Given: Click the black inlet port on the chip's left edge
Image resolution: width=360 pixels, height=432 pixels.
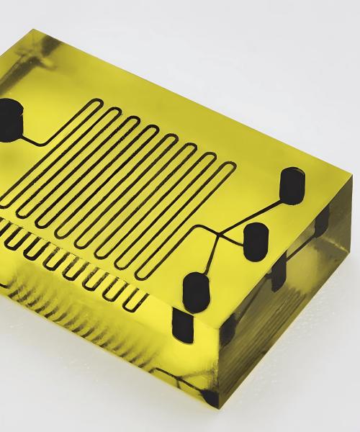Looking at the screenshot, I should point(10,114).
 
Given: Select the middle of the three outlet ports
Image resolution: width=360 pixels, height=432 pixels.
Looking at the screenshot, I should point(255,241).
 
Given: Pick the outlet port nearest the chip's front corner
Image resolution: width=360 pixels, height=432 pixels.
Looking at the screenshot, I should point(195,289).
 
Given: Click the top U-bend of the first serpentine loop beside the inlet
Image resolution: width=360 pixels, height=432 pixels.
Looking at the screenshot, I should point(94,105).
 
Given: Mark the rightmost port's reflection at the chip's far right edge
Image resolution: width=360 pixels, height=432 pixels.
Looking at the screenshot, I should point(323,220).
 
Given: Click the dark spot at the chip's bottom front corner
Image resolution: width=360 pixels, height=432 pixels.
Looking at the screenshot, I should point(210,396).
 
